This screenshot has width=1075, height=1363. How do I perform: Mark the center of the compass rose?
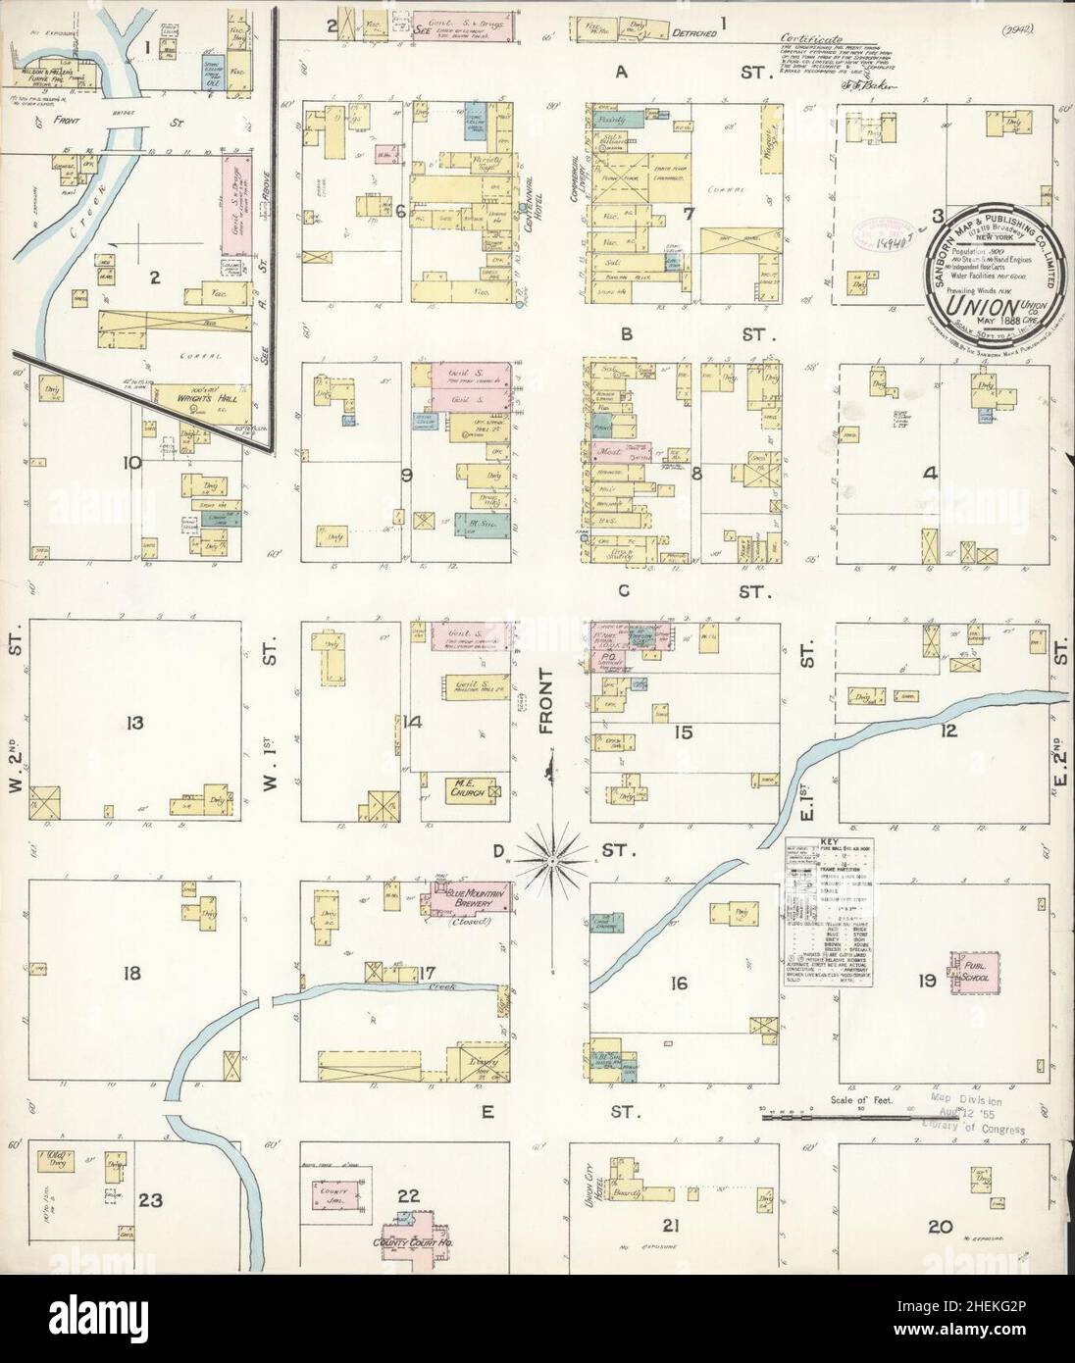tap(552, 859)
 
